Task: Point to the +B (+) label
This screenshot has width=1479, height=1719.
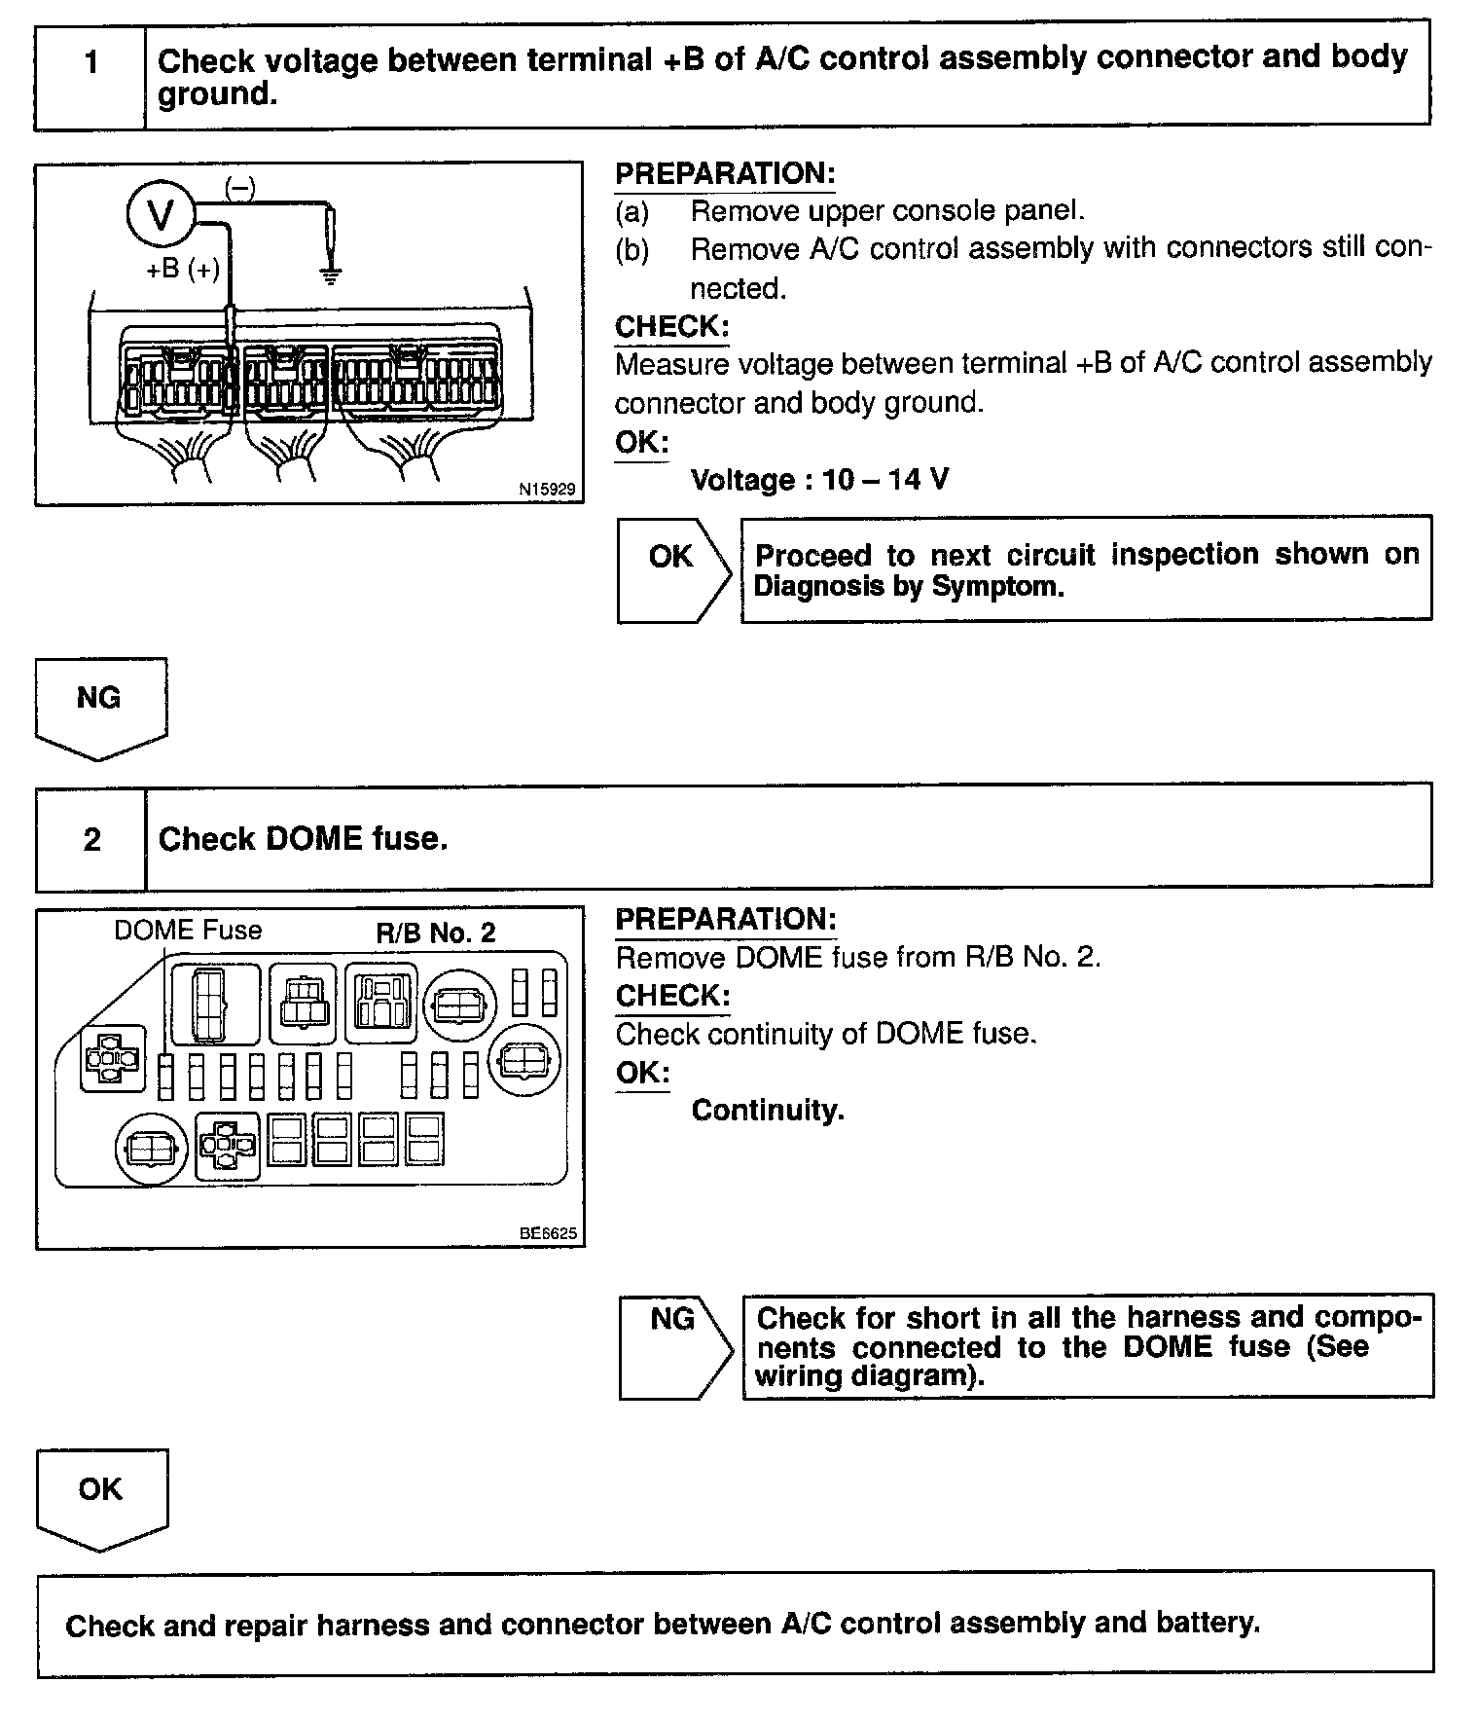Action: (183, 269)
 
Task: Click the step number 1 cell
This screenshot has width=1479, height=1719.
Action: (91, 64)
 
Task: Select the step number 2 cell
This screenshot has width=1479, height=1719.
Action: (91, 839)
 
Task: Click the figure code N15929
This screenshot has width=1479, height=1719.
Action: (547, 490)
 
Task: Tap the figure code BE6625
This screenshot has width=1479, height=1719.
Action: (548, 1233)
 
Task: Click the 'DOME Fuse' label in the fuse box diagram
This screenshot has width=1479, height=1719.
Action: (188, 931)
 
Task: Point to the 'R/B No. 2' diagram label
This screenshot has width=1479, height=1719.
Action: (436, 933)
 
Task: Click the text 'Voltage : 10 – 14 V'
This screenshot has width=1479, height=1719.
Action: (819, 480)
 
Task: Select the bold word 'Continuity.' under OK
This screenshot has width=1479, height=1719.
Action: (768, 1111)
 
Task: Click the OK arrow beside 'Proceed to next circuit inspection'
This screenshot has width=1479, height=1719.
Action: (672, 568)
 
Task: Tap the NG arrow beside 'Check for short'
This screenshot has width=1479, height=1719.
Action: (674, 1347)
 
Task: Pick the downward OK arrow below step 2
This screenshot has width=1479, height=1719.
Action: (101, 1498)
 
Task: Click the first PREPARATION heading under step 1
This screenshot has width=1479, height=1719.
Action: (725, 174)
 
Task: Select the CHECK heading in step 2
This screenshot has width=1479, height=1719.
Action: (672, 996)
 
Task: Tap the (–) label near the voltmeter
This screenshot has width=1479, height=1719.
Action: (240, 187)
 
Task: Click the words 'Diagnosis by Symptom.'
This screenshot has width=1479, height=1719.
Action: (909, 586)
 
